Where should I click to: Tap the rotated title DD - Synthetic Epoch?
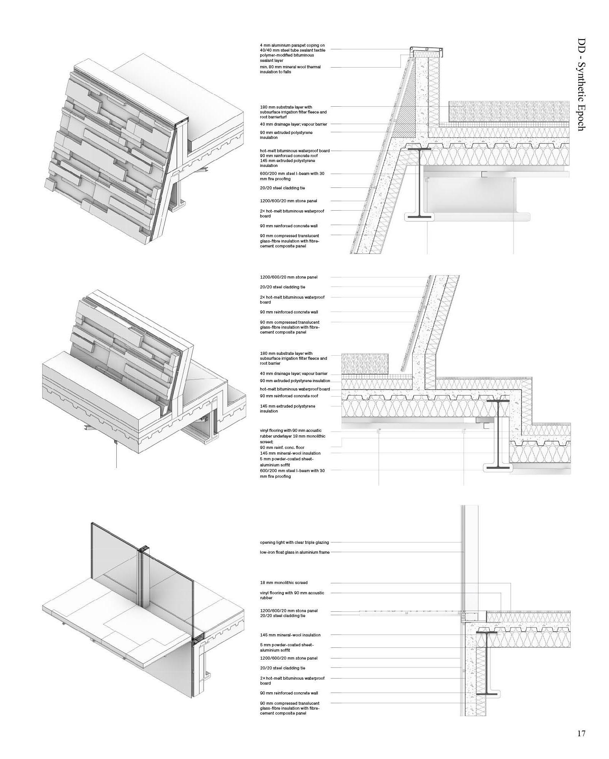point(581,84)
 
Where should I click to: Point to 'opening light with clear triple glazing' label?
point(294,542)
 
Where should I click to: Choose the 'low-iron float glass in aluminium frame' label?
point(294,552)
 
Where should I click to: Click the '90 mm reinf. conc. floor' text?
point(282,447)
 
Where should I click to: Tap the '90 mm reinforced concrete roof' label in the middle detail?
point(289,396)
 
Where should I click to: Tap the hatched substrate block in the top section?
point(509,111)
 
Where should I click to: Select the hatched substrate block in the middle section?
point(365,364)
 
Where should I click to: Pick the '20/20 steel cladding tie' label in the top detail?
point(282,188)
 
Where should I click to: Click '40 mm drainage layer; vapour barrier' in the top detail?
point(293,124)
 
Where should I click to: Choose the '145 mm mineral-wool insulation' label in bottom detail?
point(290,635)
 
